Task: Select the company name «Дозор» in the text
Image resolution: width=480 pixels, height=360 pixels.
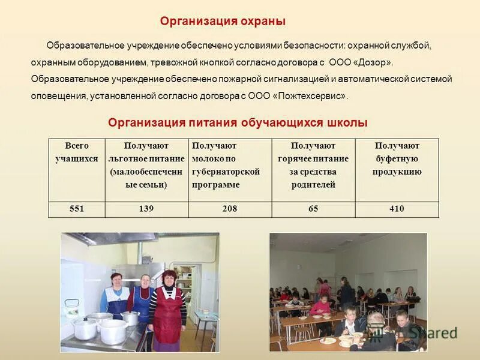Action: (x=374, y=62)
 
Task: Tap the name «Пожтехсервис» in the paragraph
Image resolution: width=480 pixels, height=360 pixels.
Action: (x=310, y=96)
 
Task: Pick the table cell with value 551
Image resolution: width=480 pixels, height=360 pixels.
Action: (x=76, y=209)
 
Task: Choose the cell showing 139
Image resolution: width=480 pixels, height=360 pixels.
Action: (x=146, y=209)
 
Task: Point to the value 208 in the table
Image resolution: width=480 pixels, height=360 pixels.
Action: (x=229, y=209)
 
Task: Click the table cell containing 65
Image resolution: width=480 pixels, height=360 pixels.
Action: (x=313, y=209)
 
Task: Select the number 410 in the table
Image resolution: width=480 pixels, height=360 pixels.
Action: (x=397, y=209)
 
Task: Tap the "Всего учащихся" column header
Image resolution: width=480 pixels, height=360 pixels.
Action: (x=76, y=152)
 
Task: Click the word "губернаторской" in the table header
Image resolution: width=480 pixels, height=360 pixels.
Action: (x=226, y=172)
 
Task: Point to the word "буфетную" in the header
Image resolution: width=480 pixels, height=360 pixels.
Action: (x=397, y=158)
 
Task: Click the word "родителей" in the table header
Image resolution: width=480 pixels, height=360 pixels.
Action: (x=313, y=185)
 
